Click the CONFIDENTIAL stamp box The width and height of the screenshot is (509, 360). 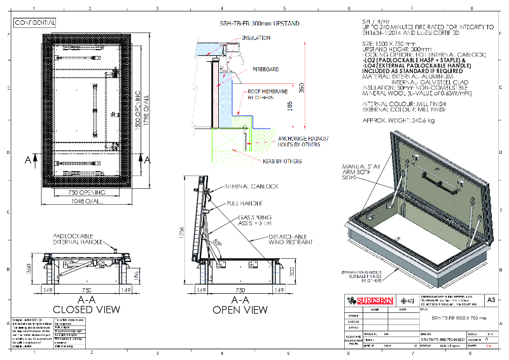36,22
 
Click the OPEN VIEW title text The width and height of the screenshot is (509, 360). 239,310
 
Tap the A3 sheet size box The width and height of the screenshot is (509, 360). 490,300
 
